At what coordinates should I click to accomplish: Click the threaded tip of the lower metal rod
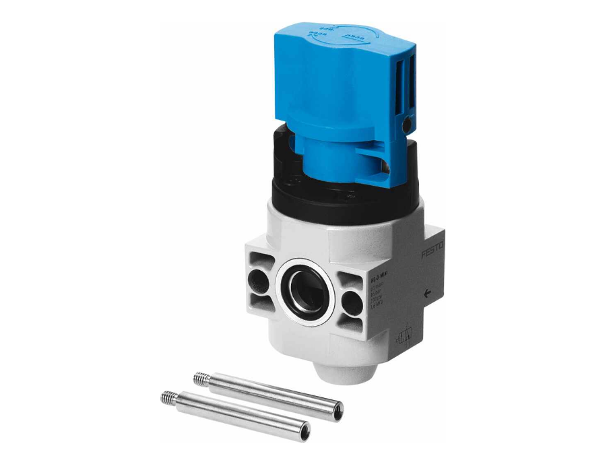[x=168, y=398]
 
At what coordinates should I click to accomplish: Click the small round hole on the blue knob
[x=406, y=126]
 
